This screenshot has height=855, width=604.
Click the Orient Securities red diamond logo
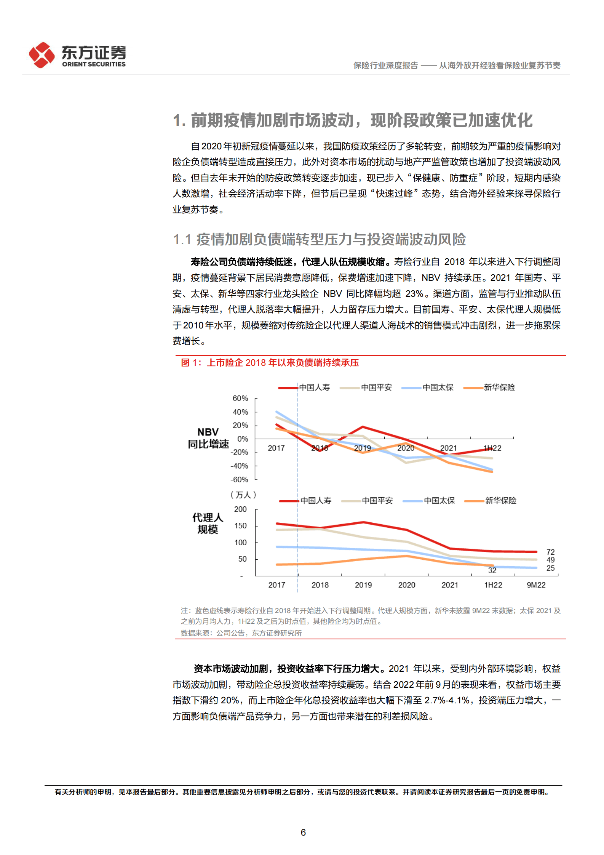42,55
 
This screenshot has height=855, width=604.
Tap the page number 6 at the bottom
303,832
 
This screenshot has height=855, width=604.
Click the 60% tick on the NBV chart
240,398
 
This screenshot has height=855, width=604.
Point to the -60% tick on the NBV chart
239,479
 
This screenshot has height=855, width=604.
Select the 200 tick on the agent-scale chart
240,509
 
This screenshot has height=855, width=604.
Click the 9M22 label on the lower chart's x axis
536,585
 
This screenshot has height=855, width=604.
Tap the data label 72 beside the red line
550,552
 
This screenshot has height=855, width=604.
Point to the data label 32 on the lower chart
492,570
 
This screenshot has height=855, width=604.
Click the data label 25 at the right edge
550,568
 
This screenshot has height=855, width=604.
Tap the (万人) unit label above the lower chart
243,495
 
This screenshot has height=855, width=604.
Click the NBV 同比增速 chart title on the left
208,438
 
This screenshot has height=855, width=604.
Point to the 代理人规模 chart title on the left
208,523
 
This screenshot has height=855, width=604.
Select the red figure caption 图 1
270,362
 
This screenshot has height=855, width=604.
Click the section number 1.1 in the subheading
182,240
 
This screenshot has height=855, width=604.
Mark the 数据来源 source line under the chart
241,633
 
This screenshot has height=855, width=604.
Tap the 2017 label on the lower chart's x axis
276,585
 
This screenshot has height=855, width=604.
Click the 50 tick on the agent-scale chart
242,559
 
